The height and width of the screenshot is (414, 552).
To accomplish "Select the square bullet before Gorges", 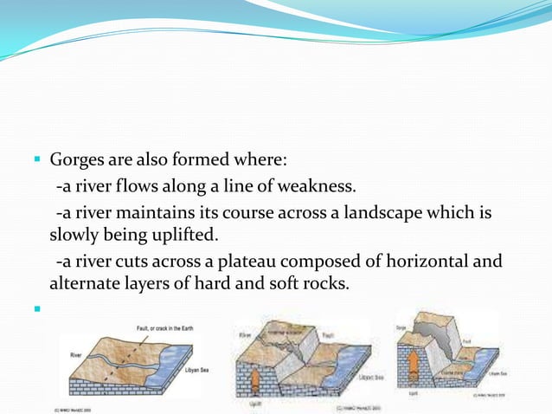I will click(x=38, y=160).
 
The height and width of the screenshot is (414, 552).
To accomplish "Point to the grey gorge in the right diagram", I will click(x=441, y=342).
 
